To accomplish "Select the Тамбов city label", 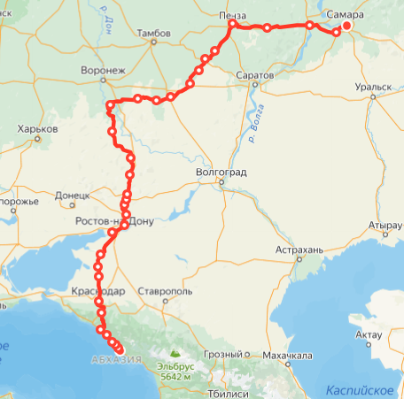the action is pyautogui.click(x=153, y=34).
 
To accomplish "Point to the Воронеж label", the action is pyautogui.click(x=104, y=69).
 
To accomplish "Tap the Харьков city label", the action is pyautogui.click(x=37, y=128).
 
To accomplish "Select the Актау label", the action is pyautogui.click(x=368, y=334).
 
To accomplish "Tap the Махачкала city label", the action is pyautogui.click(x=288, y=356).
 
